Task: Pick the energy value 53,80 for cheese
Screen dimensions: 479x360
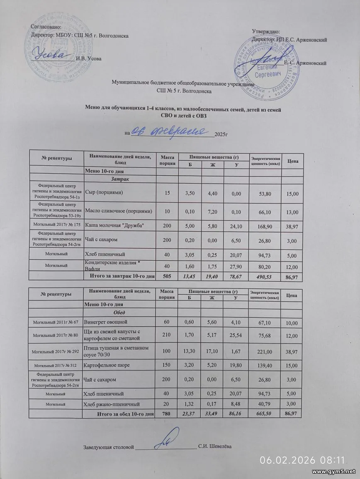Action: click(265, 194)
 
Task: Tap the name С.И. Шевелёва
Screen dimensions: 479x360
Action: click(214, 446)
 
